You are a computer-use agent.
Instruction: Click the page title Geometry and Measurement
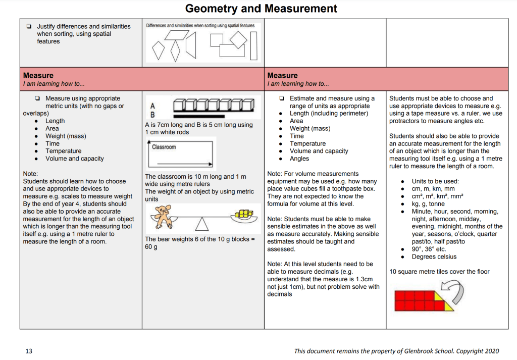pos(261,9)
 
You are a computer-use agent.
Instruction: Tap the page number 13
pos(29,351)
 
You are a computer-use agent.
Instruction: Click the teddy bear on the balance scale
pos(163,216)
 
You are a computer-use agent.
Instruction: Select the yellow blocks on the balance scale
pos(244,214)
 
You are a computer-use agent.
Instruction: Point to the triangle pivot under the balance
pos(202,224)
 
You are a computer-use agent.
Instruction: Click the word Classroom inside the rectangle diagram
pos(164,147)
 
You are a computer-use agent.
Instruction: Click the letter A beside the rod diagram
pos(152,106)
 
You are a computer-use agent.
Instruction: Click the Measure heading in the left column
pos(38,76)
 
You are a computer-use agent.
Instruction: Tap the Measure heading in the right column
pos(282,76)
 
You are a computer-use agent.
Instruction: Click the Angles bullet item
pos(299,159)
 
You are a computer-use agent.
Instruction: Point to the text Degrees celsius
pos(434,256)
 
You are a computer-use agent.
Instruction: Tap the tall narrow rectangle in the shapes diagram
pos(253,45)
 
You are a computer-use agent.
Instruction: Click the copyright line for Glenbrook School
pos(396,351)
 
